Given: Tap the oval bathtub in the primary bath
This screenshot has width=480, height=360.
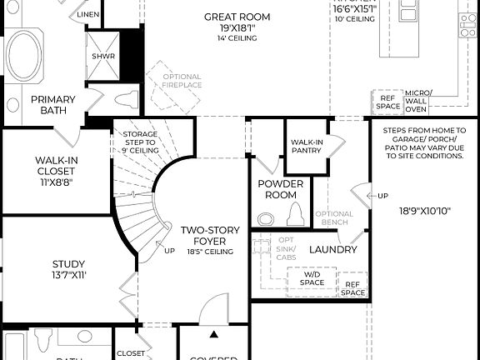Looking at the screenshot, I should point(26,55).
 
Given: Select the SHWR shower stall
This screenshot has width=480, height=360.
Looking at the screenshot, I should point(103,57).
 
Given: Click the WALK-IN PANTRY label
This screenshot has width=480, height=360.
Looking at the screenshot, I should point(307,147).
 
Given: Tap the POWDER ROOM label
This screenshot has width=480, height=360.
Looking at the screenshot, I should point(277,189).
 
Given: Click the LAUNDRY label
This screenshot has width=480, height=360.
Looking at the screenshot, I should point(332,249).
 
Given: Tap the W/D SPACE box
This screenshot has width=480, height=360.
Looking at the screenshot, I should point(312,278).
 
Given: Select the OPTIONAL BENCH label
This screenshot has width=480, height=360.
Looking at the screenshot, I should point(334,219).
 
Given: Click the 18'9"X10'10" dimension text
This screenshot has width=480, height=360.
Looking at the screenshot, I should point(424,211).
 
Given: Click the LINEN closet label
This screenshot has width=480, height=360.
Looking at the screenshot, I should point(89,14).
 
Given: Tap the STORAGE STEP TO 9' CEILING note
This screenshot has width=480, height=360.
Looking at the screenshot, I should point(139,142).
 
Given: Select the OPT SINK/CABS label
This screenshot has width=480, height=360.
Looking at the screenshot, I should point(286,248).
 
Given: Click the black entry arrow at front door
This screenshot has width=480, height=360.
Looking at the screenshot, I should point(213,335).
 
